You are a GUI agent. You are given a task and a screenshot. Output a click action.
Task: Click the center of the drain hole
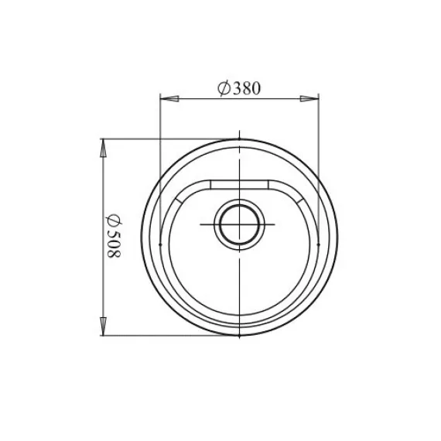pos(240,224)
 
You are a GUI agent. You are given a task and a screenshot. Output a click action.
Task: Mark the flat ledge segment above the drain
pos(240,183)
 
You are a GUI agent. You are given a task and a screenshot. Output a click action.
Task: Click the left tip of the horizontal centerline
pos(201,224)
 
